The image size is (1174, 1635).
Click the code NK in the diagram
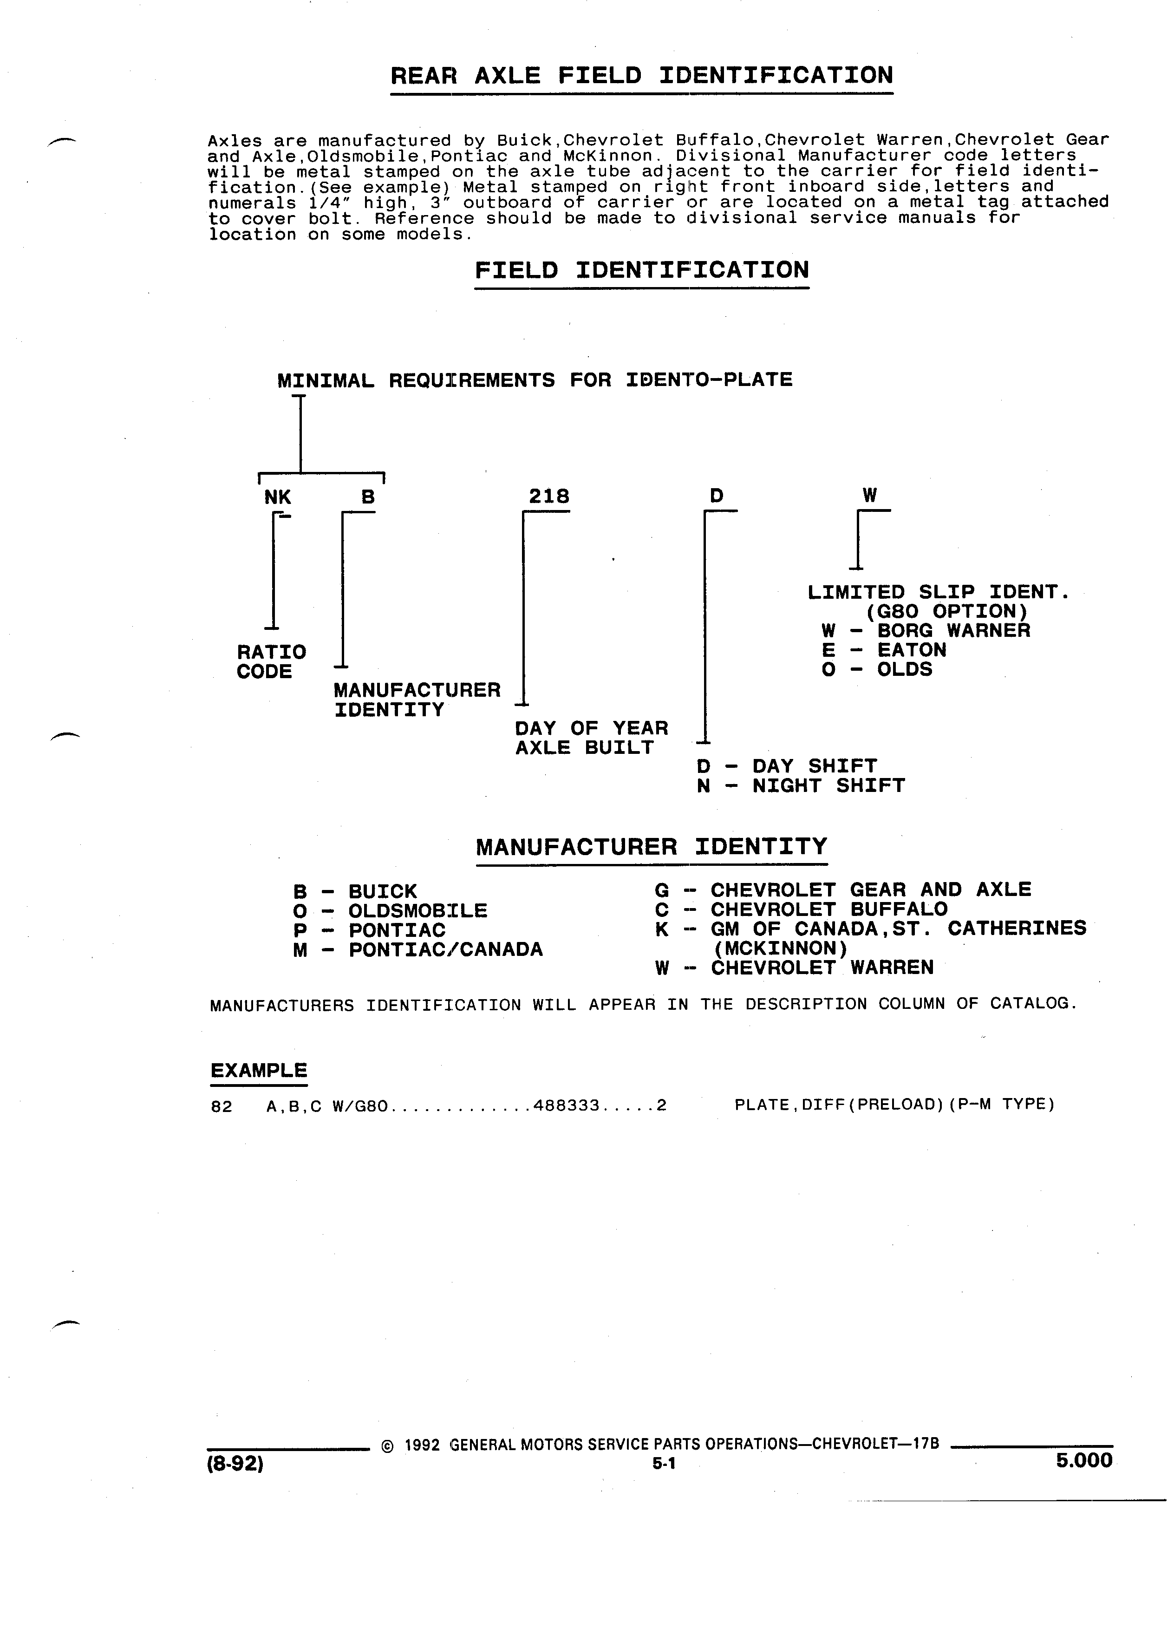click(x=277, y=497)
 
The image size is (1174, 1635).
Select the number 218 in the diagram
click(x=549, y=496)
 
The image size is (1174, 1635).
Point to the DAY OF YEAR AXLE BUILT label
click(x=592, y=738)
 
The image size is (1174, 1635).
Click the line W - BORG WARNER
click(x=926, y=630)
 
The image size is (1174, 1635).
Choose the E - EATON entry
click(x=884, y=649)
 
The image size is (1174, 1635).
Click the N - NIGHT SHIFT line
click(x=801, y=786)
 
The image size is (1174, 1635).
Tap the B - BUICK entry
click(x=355, y=892)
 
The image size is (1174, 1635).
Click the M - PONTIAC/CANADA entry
click(x=418, y=949)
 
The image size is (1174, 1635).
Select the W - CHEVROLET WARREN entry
click(x=794, y=968)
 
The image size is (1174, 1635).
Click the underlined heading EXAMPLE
click(x=259, y=1071)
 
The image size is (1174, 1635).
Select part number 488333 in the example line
click(x=567, y=1105)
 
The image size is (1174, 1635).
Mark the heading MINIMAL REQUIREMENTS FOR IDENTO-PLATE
click(x=535, y=380)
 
